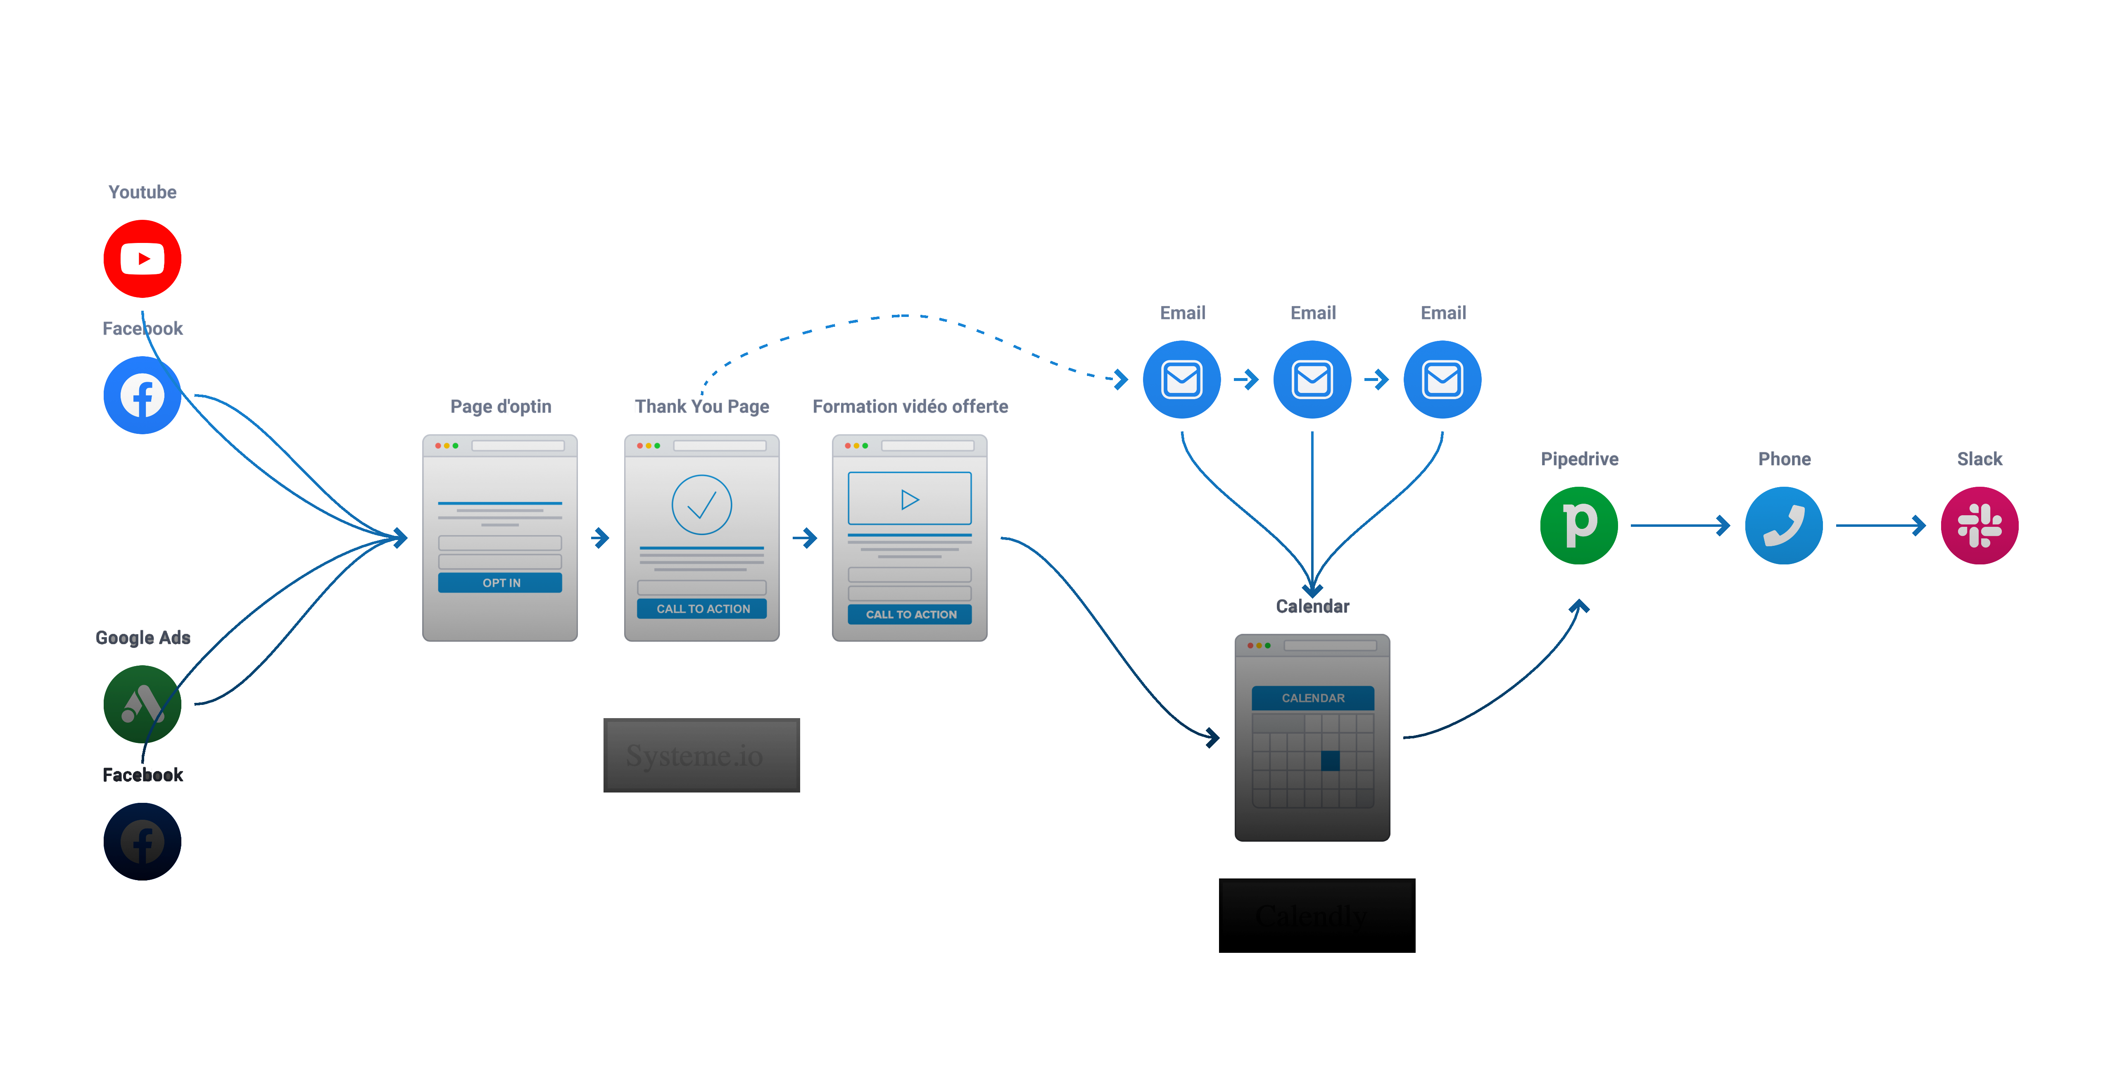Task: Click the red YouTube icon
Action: pyautogui.click(x=142, y=259)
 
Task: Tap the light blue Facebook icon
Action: pyautogui.click(x=142, y=396)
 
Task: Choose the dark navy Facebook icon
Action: pyautogui.click(x=142, y=842)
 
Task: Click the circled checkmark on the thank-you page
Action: pyautogui.click(x=701, y=505)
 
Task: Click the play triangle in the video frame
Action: pyautogui.click(x=909, y=500)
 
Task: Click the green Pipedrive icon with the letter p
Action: pyautogui.click(x=1579, y=526)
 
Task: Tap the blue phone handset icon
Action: pyautogui.click(x=1783, y=526)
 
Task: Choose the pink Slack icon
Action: pyautogui.click(x=1979, y=526)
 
